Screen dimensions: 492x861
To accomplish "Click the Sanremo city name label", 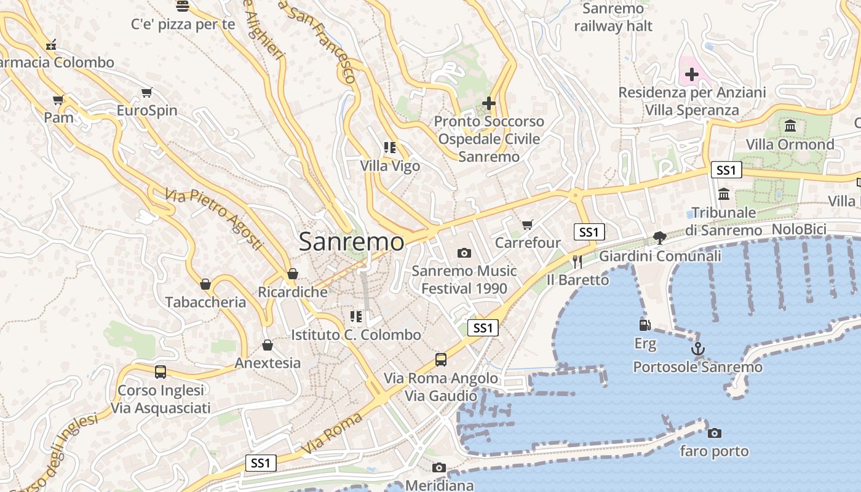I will click(351, 242).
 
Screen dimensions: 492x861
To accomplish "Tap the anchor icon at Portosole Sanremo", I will click(697, 349).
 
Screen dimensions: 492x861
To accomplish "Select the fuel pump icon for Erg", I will click(645, 325).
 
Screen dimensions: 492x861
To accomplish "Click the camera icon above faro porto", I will click(714, 433).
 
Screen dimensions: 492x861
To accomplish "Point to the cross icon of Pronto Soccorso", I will click(489, 103).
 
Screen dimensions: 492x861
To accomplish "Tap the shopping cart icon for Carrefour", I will click(527, 224).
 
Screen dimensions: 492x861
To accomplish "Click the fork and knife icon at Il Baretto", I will click(577, 262).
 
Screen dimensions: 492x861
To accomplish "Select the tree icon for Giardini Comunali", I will click(659, 237).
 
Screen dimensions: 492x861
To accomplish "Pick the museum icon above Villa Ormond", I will click(790, 126).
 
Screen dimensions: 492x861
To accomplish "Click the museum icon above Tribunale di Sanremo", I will click(724, 194).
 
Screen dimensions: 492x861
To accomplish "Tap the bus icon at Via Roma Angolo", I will click(440, 360).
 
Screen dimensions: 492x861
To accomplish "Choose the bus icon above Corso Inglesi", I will click(160, 372).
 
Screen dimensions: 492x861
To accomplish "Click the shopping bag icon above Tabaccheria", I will click(205, 284).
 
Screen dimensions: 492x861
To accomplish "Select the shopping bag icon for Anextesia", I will click(267, 345).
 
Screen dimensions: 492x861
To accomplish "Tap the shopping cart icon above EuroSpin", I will click(146, 93).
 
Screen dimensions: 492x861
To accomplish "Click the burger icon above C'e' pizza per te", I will click(182, 6).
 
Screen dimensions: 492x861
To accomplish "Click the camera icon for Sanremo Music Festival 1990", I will click(464, 253).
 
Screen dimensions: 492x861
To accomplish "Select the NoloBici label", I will click(799, 229).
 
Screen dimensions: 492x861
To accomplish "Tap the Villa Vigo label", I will click(390, 166).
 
